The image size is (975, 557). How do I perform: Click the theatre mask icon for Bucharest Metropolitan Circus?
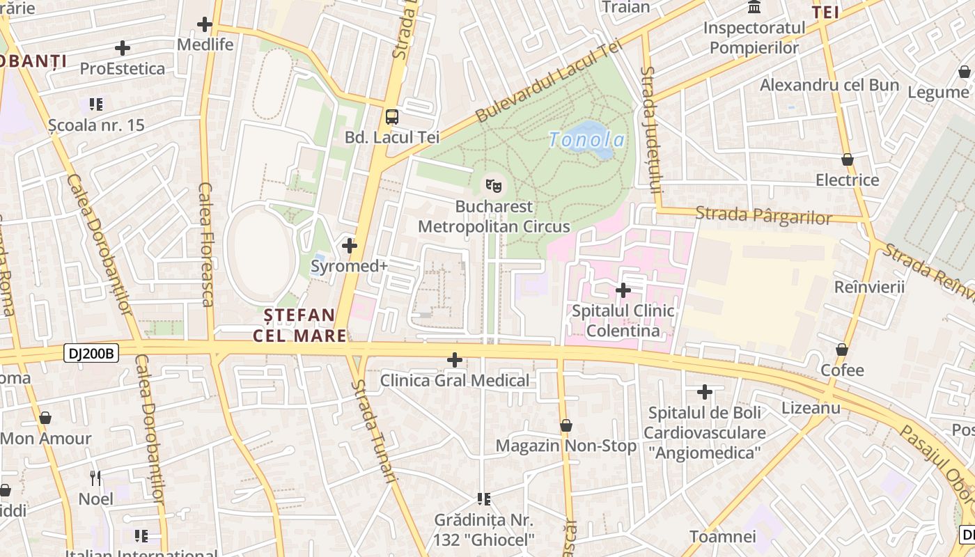[494, 186]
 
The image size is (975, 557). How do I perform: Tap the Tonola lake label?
[586, 140]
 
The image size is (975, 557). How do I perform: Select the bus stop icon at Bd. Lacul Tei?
[392, 116]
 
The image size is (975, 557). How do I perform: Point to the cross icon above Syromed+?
[350, 246]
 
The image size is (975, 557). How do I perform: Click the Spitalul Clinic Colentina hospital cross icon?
[623, 290]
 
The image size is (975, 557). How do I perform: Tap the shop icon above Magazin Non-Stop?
[566, 425]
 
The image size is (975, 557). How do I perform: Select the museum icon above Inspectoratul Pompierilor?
[754, 8]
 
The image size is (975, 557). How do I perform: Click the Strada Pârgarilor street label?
[763, 215]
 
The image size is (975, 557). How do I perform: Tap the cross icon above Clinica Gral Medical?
[455, 360]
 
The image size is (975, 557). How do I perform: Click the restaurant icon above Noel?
[95, 478]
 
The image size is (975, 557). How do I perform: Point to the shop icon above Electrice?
[848, 159]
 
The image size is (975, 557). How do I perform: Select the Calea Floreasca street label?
[205, 244]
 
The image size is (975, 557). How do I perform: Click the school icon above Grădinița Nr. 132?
[484, 499]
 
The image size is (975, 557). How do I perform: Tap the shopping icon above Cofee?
[842, 350]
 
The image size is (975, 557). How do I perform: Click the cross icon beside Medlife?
[204, 24]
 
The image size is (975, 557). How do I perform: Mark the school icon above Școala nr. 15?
[96, 104]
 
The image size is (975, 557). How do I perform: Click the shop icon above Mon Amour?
[45, 418]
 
